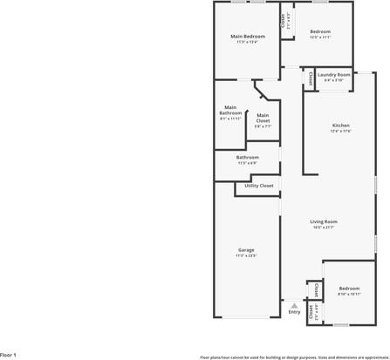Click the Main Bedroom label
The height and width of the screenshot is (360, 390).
point(247,36)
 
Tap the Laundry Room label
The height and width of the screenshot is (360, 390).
point(333,75)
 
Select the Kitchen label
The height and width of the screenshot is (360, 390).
point(340,126)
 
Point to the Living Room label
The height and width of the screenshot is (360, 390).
point(323,221)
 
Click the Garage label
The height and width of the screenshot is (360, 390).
point(246,250)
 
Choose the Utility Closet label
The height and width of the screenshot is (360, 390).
point(259,186)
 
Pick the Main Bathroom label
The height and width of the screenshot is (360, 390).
point(230,110)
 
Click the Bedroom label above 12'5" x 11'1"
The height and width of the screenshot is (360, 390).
point(320,31)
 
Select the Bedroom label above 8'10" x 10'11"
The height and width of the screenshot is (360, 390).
point(349,288)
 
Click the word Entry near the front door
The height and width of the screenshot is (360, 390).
point(294,311)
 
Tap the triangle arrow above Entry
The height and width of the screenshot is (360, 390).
point(294,304)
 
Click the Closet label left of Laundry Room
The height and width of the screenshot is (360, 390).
point(311,78)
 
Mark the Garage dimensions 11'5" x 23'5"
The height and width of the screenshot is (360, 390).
point(246,255)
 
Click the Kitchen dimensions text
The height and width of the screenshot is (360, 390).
point(340,131)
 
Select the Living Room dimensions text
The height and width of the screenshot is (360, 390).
point(323,228)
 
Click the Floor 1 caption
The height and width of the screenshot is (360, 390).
point(9,356)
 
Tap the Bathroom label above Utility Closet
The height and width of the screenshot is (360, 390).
point(247,158)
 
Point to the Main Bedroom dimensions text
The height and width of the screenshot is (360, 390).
point(247,41)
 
